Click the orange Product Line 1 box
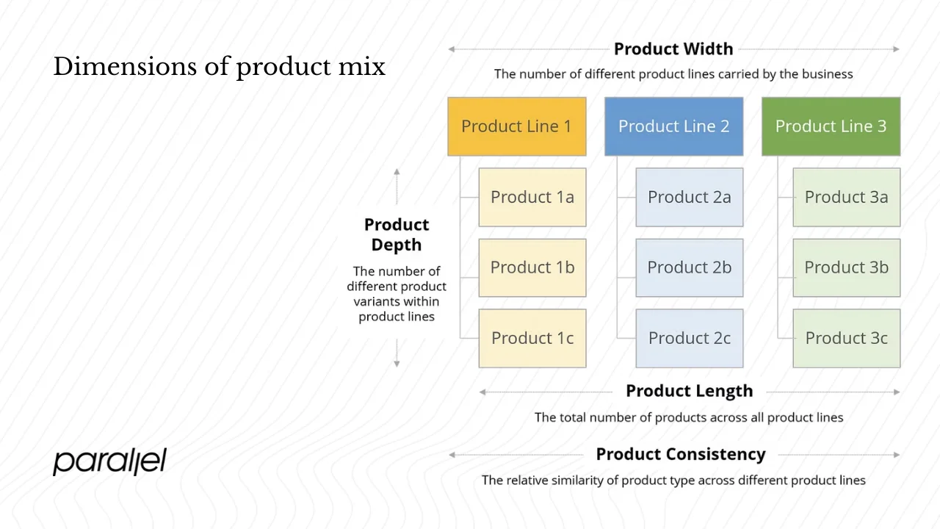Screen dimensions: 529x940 [x=516, y=126]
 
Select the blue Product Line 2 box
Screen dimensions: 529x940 [x=673, y=126]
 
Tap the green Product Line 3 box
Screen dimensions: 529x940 [x=831, y=126]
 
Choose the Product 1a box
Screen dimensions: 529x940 [x=532, y=197]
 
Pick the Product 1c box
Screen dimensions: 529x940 [x=532, y=338]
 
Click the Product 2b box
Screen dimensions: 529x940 [x=690, y=267]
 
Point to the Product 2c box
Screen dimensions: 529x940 [x=690, y=338]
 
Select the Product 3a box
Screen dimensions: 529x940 [x=846, y=197]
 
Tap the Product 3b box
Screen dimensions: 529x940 [x=846, y=267]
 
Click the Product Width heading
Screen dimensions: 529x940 [x=673, y=49]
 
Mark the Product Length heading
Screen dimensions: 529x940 [x=689, y=392]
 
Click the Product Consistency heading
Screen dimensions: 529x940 [x=680, y=455]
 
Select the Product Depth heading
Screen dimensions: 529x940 [x=397, y=235]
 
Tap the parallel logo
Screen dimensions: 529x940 [x=109, y=461]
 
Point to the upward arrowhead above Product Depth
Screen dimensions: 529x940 [x=397, y=172]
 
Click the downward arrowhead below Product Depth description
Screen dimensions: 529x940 [x=397, y=363]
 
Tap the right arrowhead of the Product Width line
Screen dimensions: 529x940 [x=896, y=49]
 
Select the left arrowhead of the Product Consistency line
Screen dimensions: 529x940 [x=452, y=455]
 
